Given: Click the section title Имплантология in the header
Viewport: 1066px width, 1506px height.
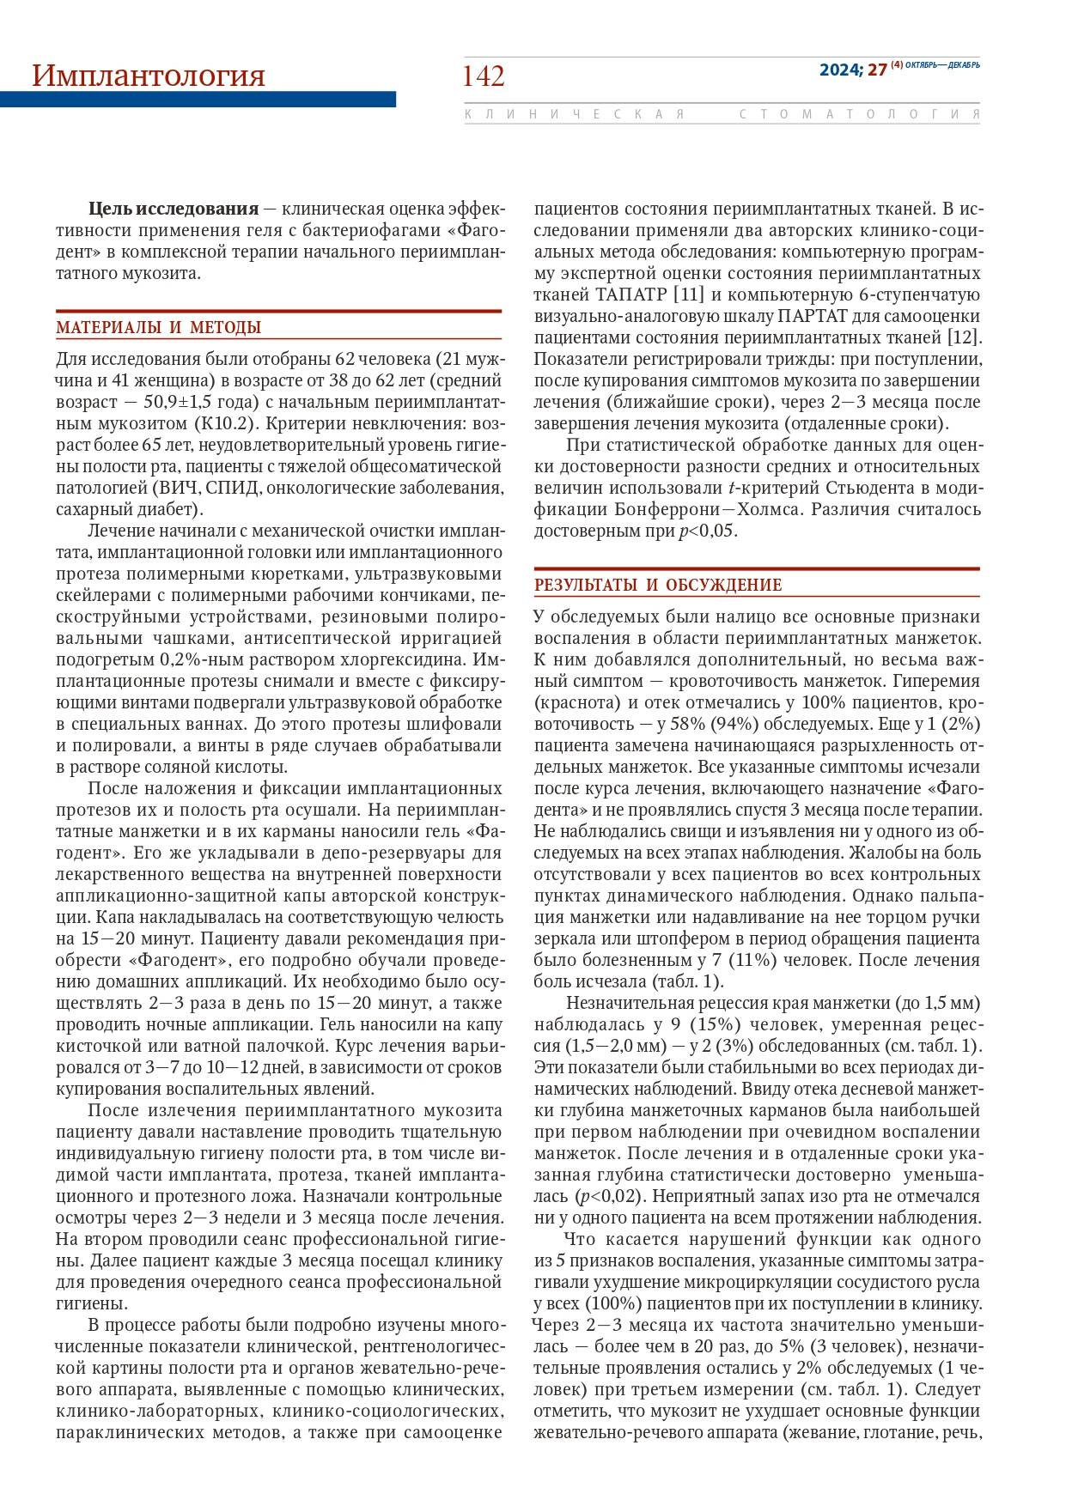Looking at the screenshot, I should point(149,76).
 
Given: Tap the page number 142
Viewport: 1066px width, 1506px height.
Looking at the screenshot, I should point(484,76).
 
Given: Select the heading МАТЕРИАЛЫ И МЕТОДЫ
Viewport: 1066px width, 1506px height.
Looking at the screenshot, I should point(159,328).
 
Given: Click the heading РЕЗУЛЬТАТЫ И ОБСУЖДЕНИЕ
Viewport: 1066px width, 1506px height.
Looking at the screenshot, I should point(658,586).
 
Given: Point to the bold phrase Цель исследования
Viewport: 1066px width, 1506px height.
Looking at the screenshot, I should point(173,209).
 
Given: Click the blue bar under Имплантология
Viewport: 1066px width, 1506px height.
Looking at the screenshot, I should point(198,100).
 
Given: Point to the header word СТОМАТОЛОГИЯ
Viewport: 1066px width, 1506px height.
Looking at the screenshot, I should point(859,114).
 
